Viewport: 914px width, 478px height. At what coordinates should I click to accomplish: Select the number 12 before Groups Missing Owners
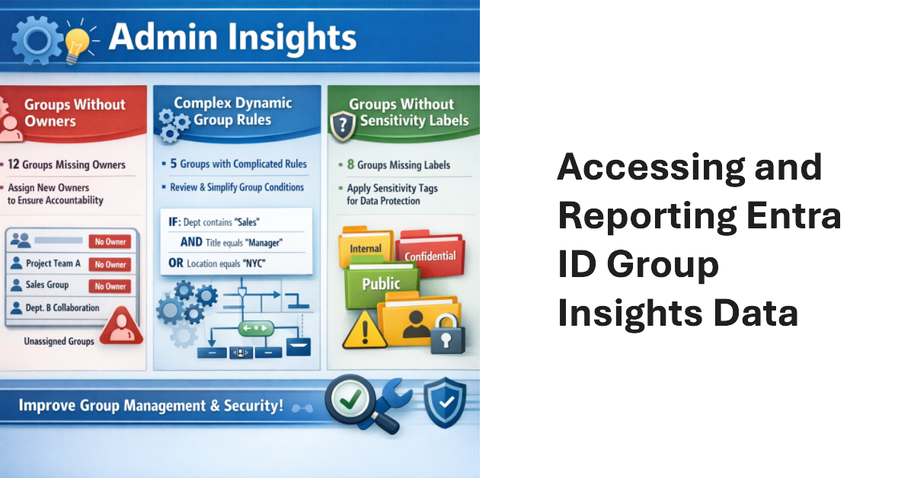click(14, 164)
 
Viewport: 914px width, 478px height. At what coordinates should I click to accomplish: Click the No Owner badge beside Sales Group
click(110, 286)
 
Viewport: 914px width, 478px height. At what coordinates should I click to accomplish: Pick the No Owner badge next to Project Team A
click(110, 264)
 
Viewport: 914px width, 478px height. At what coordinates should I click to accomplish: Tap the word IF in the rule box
click(173, 221)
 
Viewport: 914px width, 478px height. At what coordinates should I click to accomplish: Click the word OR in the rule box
click(175, 264)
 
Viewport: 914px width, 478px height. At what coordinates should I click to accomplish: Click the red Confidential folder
click(430, 257)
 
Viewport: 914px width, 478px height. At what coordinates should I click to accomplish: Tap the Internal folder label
click(366, 249)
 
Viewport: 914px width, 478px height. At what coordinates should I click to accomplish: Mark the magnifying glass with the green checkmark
click(350, 397)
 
